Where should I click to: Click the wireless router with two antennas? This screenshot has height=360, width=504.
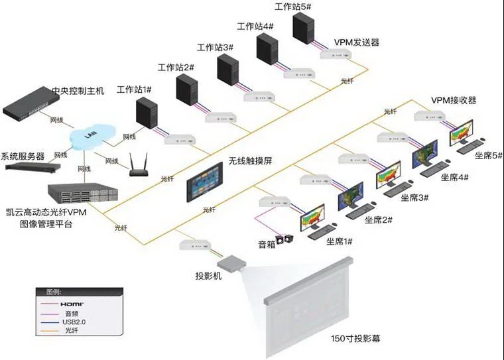pos(138,166)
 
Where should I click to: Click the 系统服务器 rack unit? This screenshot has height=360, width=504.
pos(27,168)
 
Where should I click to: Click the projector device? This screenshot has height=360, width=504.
pos(234,263)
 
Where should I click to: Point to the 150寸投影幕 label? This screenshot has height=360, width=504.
pos(355,338)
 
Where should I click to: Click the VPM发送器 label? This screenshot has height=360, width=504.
pos(357,42)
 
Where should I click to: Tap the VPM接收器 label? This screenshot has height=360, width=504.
pos(454,100)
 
